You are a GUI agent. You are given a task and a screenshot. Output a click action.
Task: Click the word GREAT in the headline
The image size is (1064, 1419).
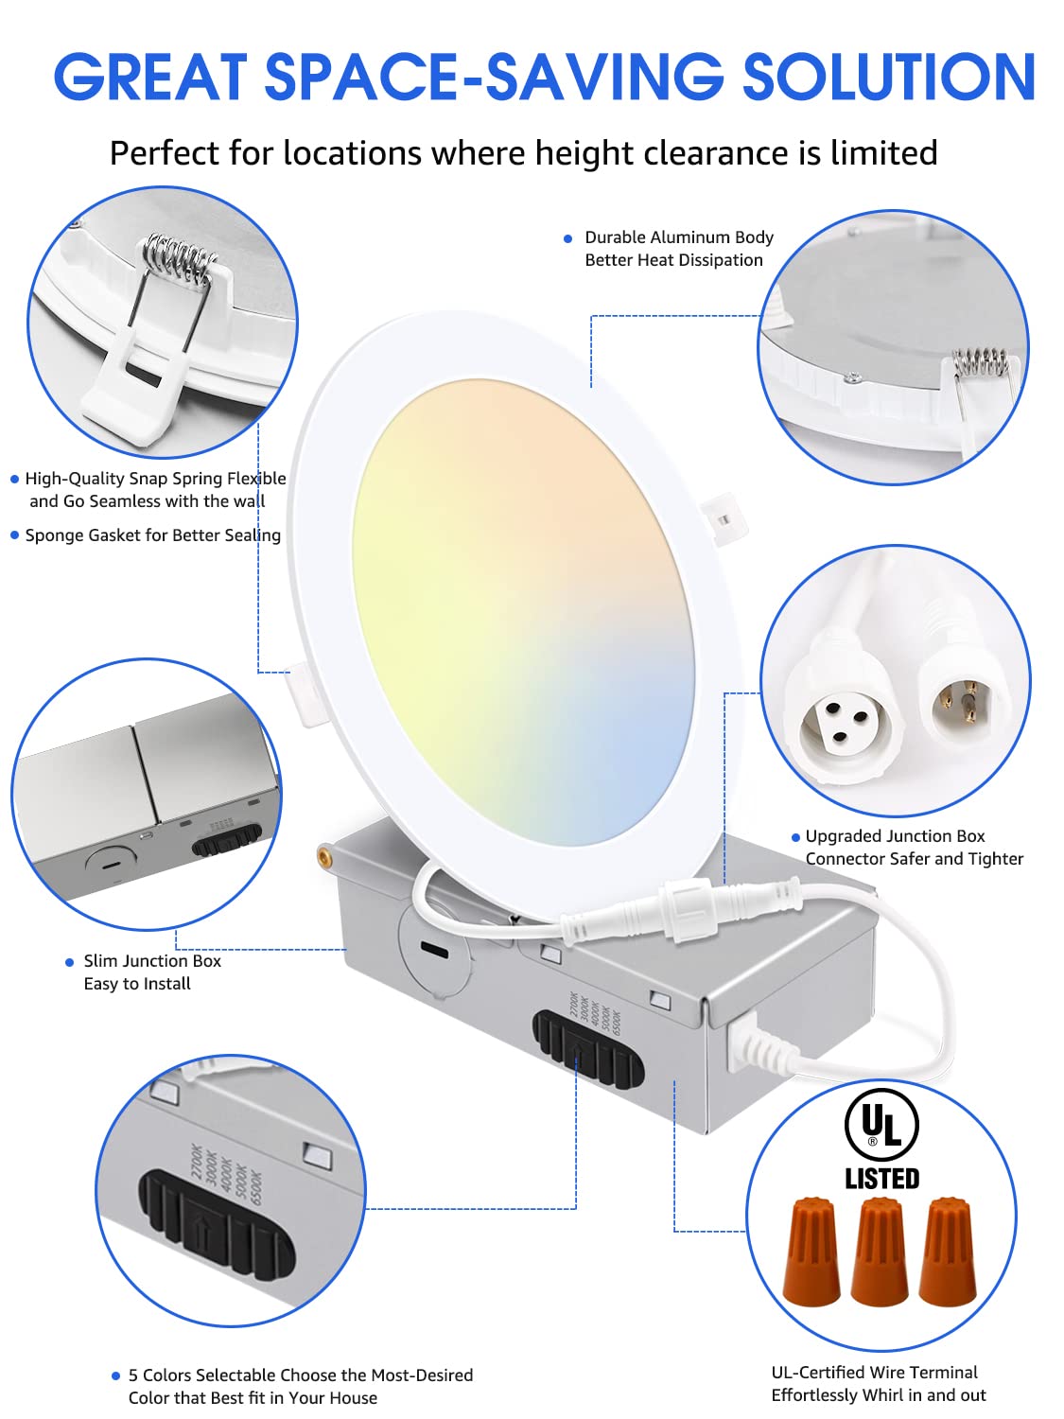point(150,77)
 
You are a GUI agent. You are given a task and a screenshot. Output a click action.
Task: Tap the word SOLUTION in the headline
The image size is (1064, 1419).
point(889,77)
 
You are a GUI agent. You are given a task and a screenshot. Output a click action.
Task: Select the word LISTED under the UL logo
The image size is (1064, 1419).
point(881,1179)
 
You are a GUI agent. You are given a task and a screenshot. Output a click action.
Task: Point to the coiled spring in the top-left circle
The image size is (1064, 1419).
point(180,259)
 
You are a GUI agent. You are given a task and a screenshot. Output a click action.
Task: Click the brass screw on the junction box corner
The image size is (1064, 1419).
point(326,857)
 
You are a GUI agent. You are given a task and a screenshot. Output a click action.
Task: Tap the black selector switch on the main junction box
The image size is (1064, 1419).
point(586,1048)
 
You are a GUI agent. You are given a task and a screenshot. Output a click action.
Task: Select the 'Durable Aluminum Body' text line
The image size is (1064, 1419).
point(678,237)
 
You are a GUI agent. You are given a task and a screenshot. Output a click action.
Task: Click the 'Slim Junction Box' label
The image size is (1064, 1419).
point(152,961)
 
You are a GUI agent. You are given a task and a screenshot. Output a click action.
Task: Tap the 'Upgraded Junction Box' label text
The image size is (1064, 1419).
point(895,836)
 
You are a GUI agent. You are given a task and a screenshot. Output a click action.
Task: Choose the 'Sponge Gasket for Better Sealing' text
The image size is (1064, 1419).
point(152,535)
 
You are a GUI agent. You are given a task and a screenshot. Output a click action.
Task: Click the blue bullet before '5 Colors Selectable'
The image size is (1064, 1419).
point(117,1376)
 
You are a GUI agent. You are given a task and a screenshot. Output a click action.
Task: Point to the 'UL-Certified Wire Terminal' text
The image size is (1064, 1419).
point(874,1373)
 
